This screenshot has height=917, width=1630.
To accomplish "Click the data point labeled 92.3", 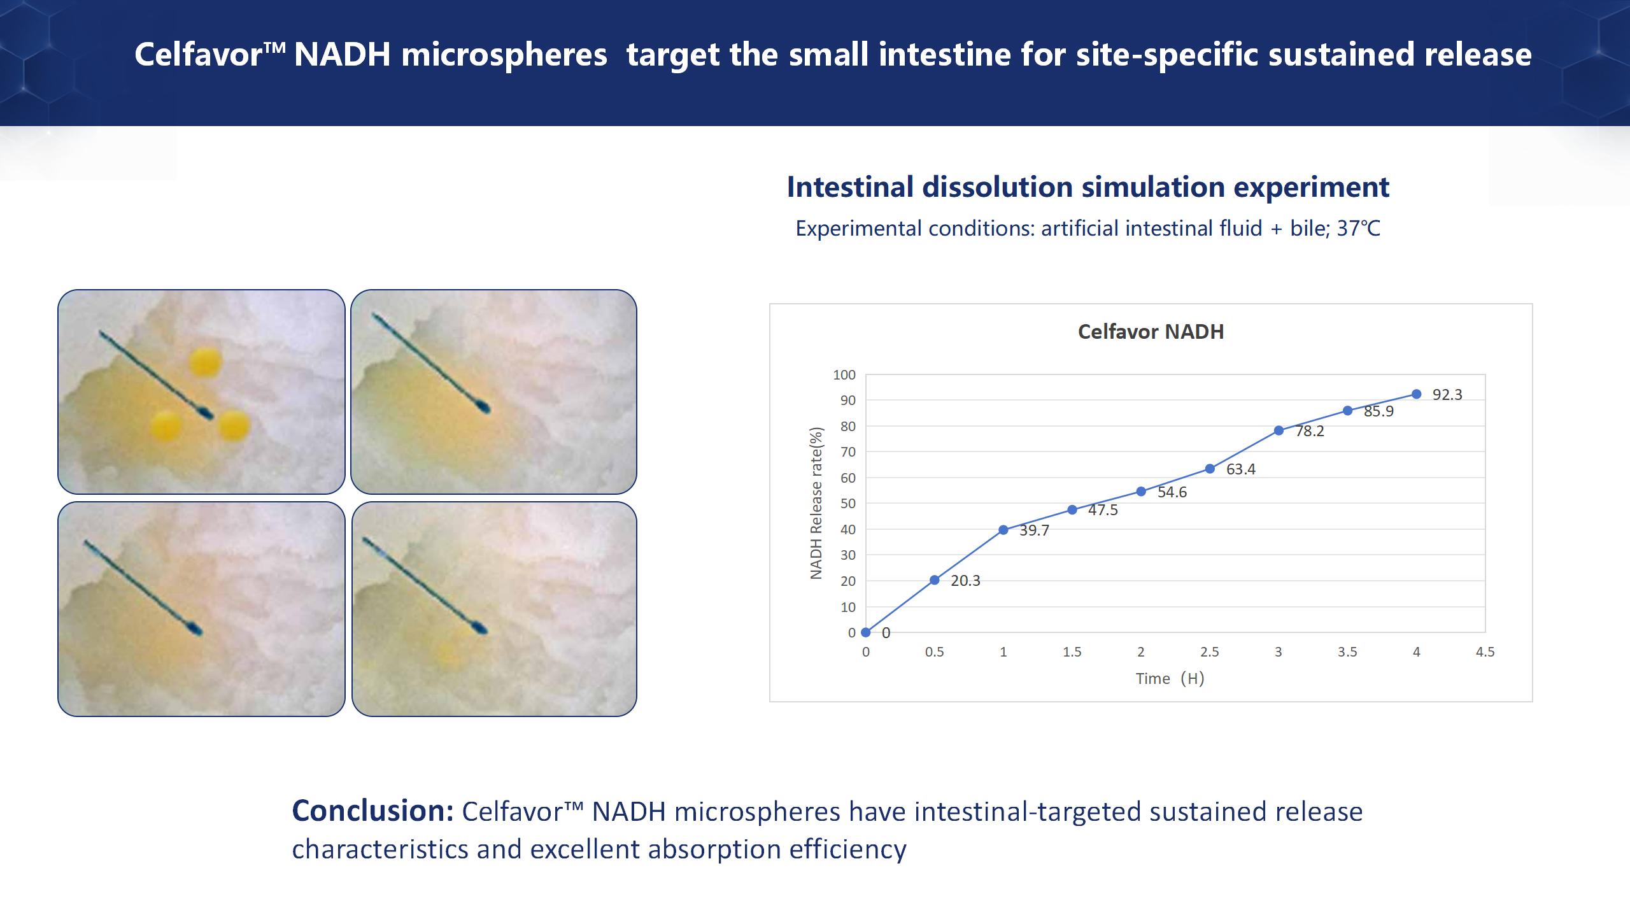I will pyautogui.click(x=1416, y=394).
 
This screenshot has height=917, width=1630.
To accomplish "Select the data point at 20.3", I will pyautogui.click(x=935, y=580).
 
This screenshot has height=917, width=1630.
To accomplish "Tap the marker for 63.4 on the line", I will pyautogui.click(x=1210, y=469).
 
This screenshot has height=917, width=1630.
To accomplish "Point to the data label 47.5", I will pyautogui.click(x=1103, y=510).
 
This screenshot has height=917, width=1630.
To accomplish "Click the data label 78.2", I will pyautogui.click(x=1310, y=431).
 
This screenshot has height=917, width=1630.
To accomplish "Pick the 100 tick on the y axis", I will pyautogui.click(x=844, y=375).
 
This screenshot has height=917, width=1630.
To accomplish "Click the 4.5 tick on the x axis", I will pyautogui.click(x=1485, y=652).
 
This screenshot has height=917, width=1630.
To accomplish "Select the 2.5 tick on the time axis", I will pyautogui.click(x=1210, y=652).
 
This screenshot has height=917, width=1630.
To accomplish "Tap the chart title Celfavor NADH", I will pyautogui.click(x=1151, y=332).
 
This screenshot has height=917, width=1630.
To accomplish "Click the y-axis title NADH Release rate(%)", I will pyautogui.click(x=816, y=503).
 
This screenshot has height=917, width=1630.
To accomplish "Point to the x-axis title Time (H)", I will pyautogui.click(x=1170, y=679).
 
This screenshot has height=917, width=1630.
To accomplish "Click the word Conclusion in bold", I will pyautogui.click(x=372, y=811).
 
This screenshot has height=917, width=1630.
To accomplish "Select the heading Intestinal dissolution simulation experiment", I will pyautogui.click(x=1088, y=187).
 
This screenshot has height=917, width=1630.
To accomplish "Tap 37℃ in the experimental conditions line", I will pyautogui.click(x=1358, y=229).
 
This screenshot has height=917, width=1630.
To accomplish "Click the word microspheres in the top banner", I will pyautogui.click(x=504, y=55).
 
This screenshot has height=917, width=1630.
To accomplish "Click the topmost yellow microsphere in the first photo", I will pyautogui.click(x=206, y=362).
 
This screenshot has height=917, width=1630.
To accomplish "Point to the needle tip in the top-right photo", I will pyautogui.click(x=485, y=408).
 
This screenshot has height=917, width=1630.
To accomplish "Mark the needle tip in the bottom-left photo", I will pyautogui.click(x=197, y=630).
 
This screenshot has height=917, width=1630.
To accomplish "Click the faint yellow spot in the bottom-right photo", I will pyautogui.click(x=448, y=652).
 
